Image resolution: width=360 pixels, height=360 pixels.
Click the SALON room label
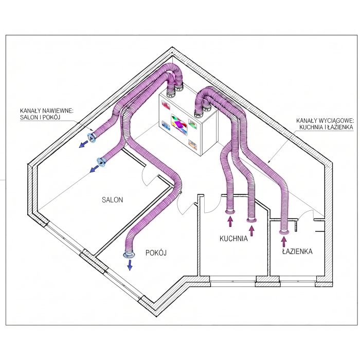point(112,200)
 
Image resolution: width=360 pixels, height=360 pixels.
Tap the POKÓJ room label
point(156,253)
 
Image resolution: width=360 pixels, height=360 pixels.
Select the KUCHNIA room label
point(233,239)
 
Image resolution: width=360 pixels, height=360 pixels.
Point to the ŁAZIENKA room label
point(297,251)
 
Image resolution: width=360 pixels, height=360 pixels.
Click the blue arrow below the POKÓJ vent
point(130,265)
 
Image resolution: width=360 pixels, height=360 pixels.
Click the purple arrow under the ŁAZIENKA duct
point(284,242)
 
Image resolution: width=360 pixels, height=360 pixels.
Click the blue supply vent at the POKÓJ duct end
point(129,255)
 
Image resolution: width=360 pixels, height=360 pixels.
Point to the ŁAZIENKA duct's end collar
point(284,232)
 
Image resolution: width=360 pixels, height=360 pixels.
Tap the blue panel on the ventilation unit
point(166,125)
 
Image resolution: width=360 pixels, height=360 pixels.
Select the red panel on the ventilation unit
point(166,105)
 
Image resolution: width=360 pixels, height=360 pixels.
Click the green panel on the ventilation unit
point(192,123)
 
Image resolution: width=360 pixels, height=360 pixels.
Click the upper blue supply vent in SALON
point(92,138)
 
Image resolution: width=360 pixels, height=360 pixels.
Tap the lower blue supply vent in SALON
point(101,162)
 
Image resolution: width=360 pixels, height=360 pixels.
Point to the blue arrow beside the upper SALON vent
point(83,144)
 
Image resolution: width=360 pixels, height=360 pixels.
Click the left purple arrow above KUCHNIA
point(230,222)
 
